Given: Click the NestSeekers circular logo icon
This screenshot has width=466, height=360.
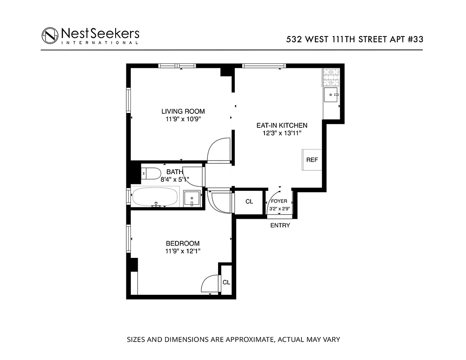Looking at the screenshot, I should [50, 36].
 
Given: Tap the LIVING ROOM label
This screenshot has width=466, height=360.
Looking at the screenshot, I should [183, 111].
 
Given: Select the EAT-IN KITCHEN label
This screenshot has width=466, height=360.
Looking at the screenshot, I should [282, 125].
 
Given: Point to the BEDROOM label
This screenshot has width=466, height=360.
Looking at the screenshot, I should [183, 243].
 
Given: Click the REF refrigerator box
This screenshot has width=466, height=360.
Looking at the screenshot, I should [312, 160].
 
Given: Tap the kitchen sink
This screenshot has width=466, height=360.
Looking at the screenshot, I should [332, 95].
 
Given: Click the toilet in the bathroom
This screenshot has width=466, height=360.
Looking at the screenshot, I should [151, 173].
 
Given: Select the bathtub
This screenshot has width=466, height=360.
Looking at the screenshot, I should [155, 198].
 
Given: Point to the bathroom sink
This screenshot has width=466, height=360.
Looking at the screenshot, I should [193, 198].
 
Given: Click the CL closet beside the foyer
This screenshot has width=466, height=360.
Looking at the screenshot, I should [249, 202].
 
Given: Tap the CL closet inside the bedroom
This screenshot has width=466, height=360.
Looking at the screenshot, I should [226, 282].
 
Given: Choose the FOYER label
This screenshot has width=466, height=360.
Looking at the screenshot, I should [279, 201].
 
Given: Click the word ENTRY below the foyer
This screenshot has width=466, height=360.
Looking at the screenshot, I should [280, 225].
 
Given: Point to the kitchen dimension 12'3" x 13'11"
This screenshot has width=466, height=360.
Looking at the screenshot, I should [282, 133].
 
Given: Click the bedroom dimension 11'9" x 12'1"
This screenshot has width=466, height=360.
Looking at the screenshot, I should [183, 252].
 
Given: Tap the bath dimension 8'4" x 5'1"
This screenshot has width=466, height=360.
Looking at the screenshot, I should [175, 179].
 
